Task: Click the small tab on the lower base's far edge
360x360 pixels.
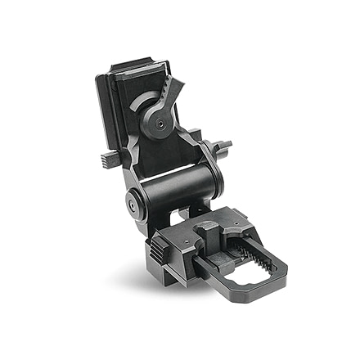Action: tap(232, 210)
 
